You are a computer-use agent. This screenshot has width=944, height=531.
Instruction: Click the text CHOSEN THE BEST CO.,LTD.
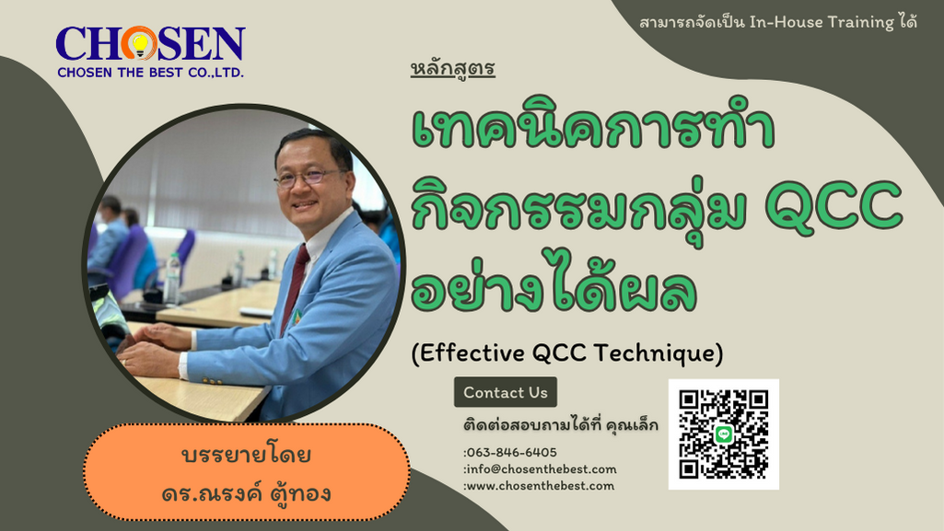click(150, 72)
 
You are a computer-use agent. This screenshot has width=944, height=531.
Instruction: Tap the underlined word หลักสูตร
click(453, 69)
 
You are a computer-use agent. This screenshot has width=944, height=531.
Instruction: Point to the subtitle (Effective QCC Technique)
click(567, 352)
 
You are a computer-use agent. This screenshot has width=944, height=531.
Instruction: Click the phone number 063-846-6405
click(511, 452)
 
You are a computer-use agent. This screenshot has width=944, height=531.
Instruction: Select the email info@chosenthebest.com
click(541, 468)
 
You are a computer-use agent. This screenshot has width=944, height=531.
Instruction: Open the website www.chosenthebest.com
click(540, 485)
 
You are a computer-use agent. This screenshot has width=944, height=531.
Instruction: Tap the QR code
click(723, 433)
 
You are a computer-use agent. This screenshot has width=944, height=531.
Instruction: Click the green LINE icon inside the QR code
click(724, 434)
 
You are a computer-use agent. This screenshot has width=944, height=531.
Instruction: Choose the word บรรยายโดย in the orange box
click(246, 456)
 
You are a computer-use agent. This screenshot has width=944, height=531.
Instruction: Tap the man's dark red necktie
click(295, 285)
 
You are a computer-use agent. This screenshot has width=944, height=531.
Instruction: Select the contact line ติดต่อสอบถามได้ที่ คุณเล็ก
click(560, 426)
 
